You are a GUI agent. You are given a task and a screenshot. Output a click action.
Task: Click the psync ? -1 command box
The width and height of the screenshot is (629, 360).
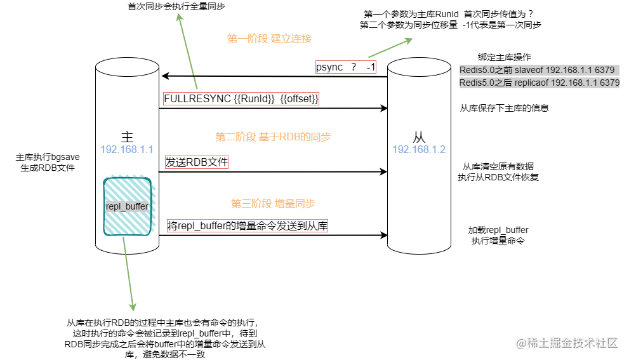pyautogui.click(x=347, y=67)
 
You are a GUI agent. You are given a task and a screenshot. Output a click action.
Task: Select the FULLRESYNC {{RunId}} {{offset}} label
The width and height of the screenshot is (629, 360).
pyautogui.click(x=241, y=99)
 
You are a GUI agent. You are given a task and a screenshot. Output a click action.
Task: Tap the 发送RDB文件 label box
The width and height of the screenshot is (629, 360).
pyautogui.click(x=197, y=162)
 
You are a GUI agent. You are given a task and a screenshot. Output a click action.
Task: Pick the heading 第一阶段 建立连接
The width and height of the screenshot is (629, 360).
pyautogui.click(x=269, y=39)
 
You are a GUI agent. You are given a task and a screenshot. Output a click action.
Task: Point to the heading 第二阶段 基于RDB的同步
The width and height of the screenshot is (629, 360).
pyautogui.click(x=273, y=137)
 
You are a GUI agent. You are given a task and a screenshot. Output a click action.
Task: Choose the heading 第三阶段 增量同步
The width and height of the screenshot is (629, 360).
pyautogui.click(x=273, y=204)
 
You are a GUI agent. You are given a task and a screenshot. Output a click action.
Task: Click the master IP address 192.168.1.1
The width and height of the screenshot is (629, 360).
pyautogui.click(x=127, y=150)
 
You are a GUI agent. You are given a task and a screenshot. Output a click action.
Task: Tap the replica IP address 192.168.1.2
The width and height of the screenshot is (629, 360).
pyautogui.click(x=419, y=150)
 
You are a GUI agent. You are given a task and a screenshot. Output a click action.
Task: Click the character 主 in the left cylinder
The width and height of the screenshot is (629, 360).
pyautogui.click(x=127, y=137)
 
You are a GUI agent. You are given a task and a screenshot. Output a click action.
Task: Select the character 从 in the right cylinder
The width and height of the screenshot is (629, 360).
pyautogui.click(x=419, y=137)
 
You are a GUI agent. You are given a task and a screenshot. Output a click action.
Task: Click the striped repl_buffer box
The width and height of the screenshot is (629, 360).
pyautogui.click(x=128, y=207)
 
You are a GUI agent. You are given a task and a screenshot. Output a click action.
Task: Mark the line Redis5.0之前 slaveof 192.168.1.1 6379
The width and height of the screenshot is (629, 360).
pyautogui.click(x=537, y=70)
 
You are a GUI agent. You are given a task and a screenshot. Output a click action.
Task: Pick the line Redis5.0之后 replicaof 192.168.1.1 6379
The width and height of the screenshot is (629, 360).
pyautogui.click(x=540, y=83)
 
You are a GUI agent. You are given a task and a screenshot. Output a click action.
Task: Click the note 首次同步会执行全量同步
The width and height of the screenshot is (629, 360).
pyautogui.click(x=176, y=7)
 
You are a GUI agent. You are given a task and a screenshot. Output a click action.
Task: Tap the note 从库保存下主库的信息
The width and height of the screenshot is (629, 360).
pyautogui.click(x=504, y=108)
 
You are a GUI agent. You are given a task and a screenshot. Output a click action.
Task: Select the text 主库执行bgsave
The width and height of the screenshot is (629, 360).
pyautogui.click(x=48, y=156)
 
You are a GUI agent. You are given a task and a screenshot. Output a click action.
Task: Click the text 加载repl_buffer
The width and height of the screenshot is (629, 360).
pyautogui.click(x=498, y=230)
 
